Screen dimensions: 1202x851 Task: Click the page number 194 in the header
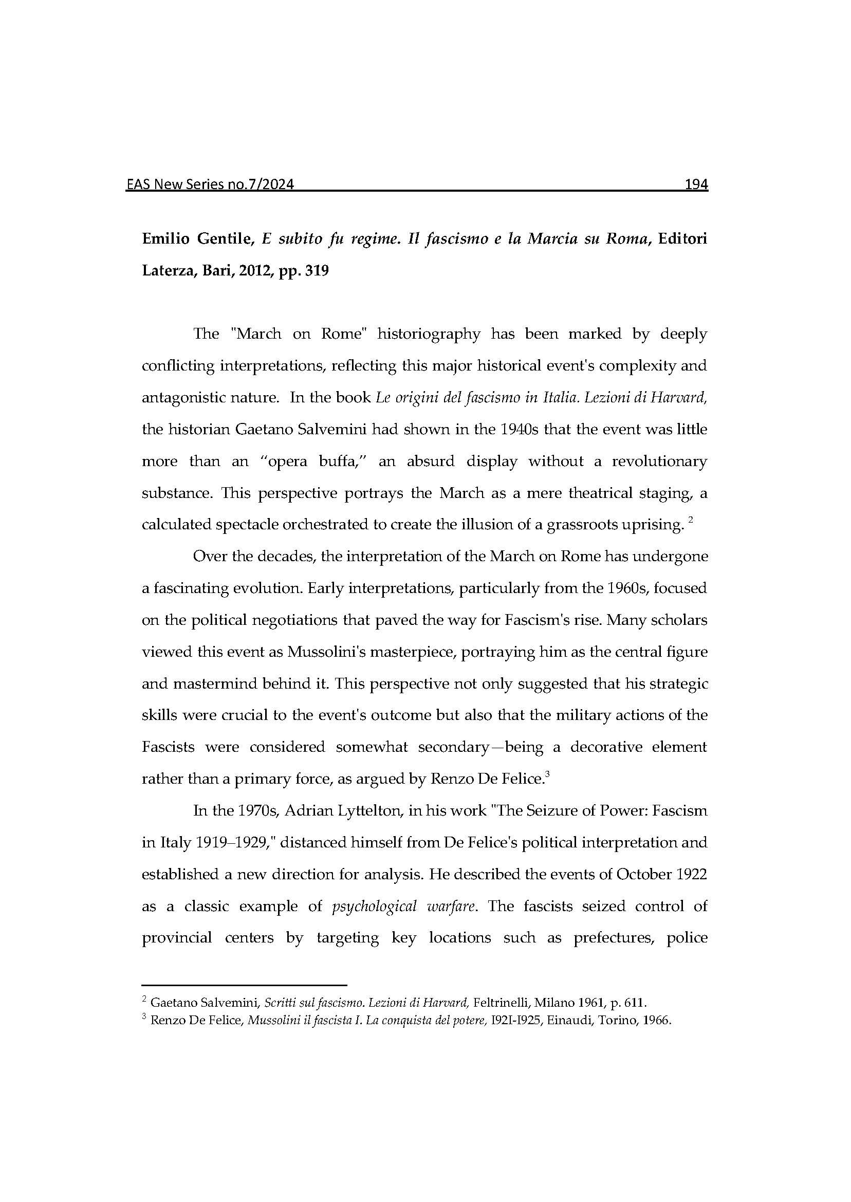point(696,184)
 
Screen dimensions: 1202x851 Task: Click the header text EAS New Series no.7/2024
point(210,184)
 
